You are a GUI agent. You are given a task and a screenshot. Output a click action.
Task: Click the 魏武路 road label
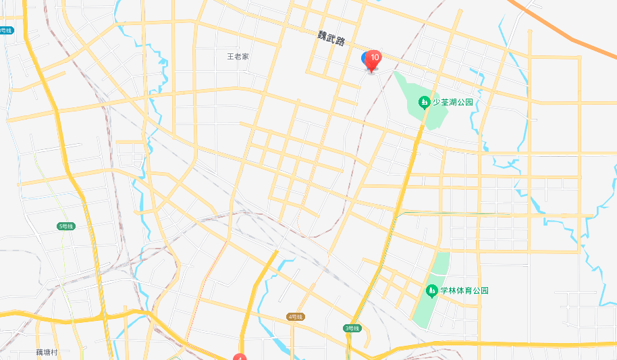click(x=331, y=40)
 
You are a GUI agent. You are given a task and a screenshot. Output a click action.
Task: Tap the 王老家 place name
click(x=238, y=57)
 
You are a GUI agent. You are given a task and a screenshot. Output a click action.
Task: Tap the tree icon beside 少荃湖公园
click(x=424, y=103)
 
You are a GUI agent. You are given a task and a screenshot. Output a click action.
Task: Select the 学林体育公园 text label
click(x=464, y=290)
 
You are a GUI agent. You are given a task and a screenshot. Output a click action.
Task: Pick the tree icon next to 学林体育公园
click(x=432, y=291)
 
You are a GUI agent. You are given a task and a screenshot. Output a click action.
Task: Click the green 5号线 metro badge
click(x=65, y=226)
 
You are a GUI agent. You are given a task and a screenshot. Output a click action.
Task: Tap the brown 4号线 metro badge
click(x=296, y=316)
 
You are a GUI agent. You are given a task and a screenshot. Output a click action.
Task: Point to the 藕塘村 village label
click(x=47, y=353)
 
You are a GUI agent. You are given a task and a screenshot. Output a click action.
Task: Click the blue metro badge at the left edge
click(x=5, y=30)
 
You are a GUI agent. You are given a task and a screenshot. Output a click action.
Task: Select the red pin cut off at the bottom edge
click(x=240, y=357)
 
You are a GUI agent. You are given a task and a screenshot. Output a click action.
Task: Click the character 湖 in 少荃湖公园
click(x=453, y=103)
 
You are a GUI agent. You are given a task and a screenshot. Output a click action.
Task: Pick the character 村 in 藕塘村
click(x=55, y=353)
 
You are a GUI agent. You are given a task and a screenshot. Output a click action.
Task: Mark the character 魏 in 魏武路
click(x=323, y=36)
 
